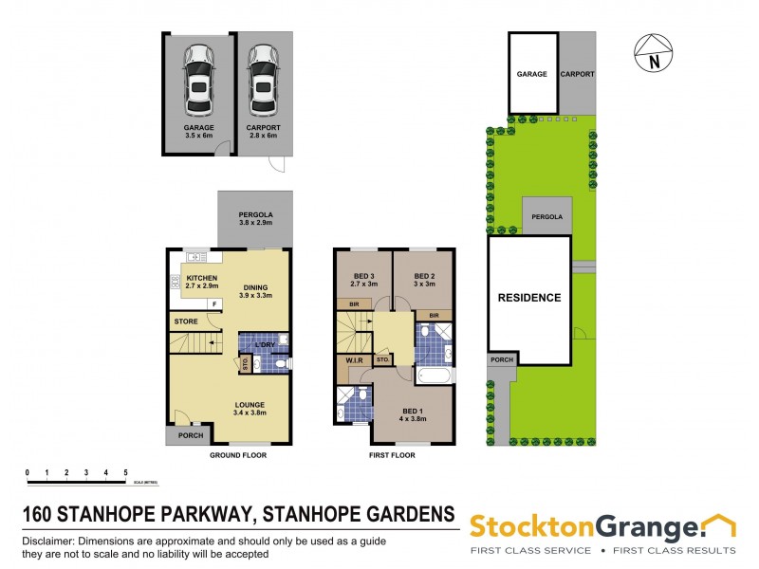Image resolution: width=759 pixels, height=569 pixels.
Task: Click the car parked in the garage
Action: pyautogui.click(x=199, y=82)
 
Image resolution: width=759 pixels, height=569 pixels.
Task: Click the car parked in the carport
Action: pyautogui.click(x=263, y=82)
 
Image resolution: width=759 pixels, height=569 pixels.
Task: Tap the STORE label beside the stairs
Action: pyautogui.click(x=185, y=322)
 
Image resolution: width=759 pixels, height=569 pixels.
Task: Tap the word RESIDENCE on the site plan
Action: pyautogui.click(x=529, y=298)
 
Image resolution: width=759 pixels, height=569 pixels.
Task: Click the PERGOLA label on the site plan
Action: pyautogui.click(x=546, y=217)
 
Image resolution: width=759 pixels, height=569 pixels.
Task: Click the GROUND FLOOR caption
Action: pyautogui.click(x=237, y=455)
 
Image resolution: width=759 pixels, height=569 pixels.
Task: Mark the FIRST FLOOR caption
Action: pyautogui.click(x=392, y=455)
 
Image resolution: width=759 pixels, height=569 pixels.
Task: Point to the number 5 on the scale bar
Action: pyautogui.click(x=126, y=471)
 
